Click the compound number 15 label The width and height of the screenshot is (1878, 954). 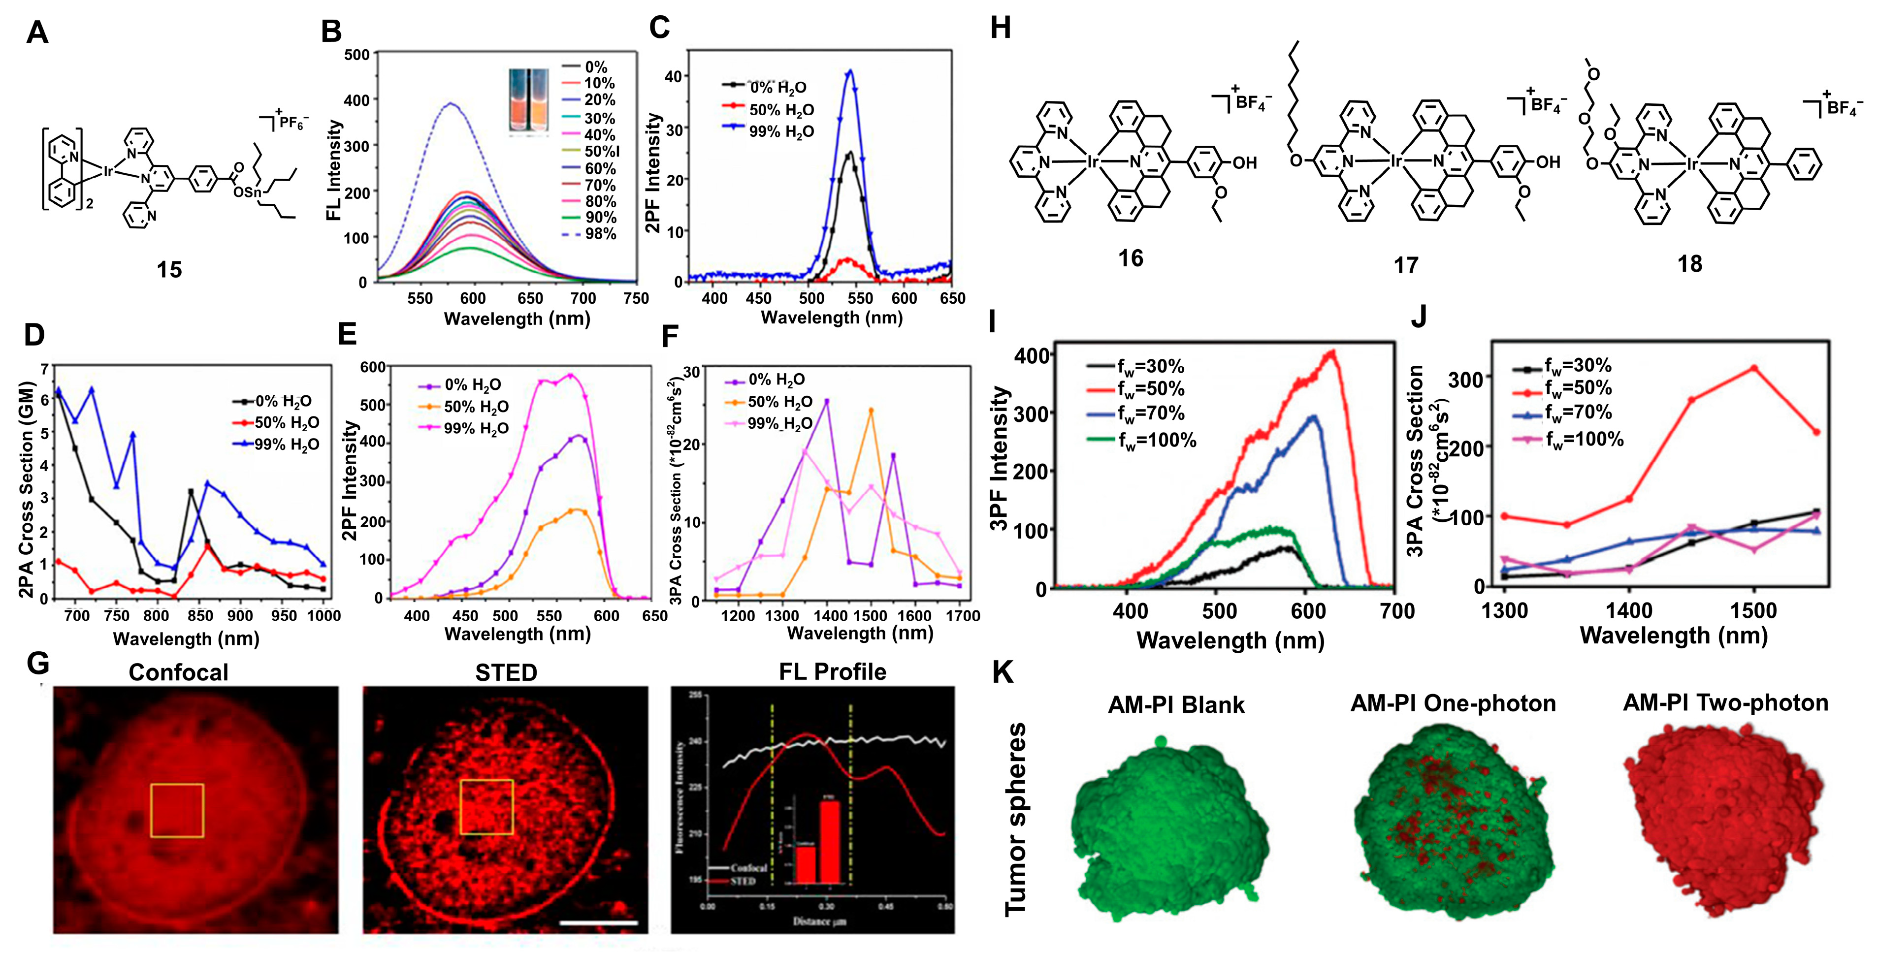coord(169,270)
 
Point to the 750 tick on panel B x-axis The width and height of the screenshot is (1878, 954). coord(636,298)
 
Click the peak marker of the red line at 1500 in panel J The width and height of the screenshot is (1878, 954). coord(1753,369)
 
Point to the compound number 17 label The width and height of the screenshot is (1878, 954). coord(1406,265)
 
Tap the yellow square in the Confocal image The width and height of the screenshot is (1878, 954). coord(177,810)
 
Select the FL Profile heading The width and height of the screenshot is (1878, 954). coord(833,672)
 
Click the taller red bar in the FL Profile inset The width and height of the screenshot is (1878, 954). coord(830,842)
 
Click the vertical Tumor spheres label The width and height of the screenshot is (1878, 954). coord(1015,820)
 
